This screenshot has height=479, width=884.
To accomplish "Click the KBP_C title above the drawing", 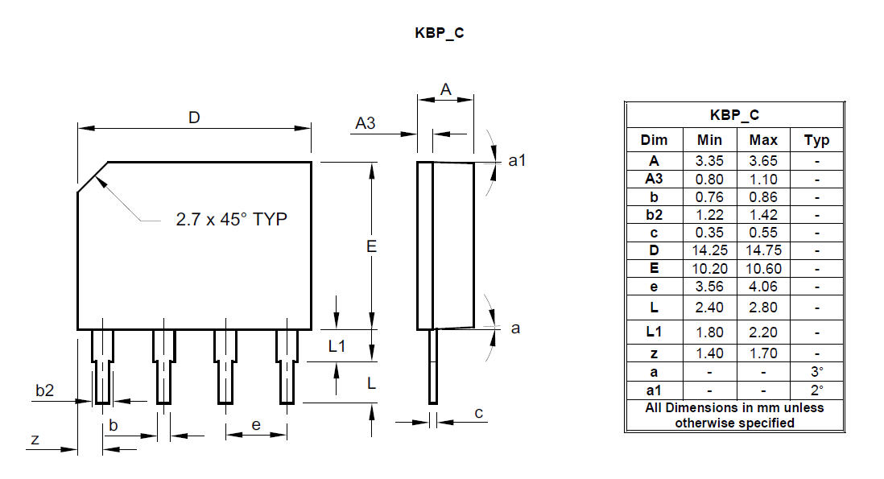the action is (439, 33).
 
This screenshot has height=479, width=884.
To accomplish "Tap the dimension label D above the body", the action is (194, 118).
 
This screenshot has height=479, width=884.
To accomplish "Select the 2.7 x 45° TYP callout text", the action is (231, 219).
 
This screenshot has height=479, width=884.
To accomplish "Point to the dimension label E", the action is (371, 246).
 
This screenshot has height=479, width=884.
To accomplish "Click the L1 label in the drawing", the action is (337, 346).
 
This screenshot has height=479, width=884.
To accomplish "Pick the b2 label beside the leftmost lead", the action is (44, 390).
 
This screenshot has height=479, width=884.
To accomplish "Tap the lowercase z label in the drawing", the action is (35, 439).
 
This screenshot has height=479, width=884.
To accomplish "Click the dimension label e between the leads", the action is (256, 425).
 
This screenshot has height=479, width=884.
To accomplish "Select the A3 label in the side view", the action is (366, 123).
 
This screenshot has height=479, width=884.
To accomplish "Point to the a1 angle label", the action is (517, 161).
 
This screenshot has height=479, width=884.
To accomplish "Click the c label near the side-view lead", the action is (479, 414).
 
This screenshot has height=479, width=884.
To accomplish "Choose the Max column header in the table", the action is (763, 140).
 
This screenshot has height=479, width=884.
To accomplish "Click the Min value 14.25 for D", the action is (709, 250).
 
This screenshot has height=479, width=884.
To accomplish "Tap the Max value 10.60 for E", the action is (763, 269).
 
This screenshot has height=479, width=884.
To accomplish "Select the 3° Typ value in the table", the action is (817, 372).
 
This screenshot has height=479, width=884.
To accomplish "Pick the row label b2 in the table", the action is (654, 215).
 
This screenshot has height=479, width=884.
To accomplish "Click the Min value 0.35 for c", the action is (709, 232).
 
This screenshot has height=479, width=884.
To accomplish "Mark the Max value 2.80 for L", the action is (763, 308).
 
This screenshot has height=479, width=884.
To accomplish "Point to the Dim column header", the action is (654, 140).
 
